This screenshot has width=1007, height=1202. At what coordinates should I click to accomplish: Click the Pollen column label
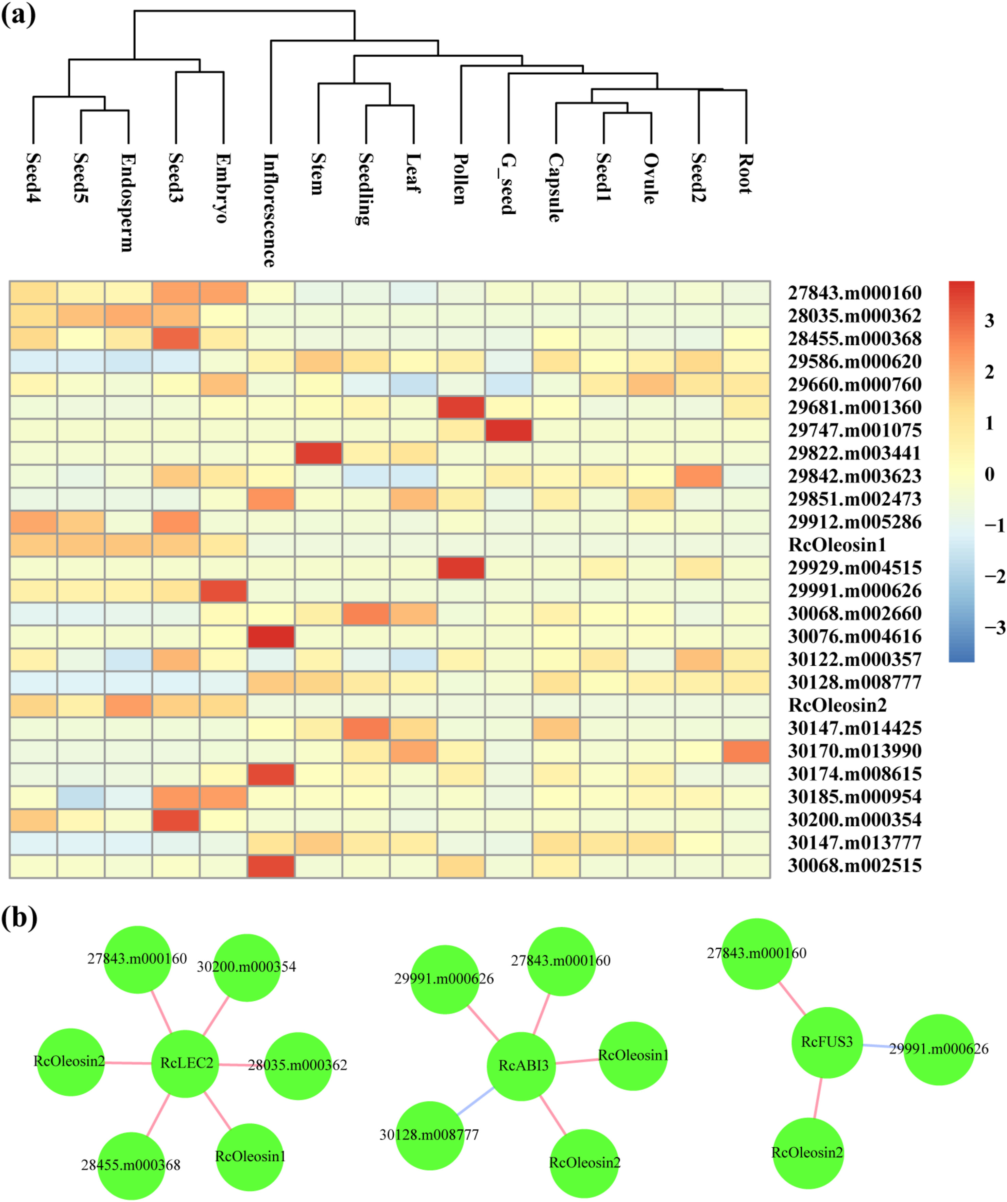point(460,179)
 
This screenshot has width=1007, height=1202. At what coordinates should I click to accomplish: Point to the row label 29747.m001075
point(854,430)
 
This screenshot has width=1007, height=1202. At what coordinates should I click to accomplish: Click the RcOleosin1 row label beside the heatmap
point(837,545)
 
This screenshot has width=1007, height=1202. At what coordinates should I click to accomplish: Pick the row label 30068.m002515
point(854,865)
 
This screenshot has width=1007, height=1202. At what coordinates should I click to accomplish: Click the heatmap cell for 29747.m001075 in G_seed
point(509,430)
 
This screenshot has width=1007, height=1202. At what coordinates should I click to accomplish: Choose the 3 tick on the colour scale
point(989,321)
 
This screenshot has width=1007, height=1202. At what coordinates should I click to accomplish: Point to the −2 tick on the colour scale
point(994,576)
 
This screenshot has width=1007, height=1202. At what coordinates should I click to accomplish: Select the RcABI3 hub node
point(523,1066)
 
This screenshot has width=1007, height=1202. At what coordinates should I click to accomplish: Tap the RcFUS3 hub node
point(826,1042)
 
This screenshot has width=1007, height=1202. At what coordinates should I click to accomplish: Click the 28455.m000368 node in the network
point(131,1164)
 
